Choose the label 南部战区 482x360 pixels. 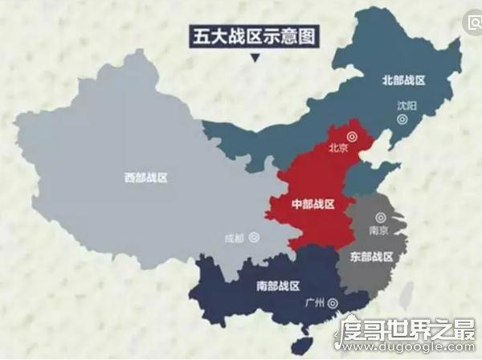(278, 285)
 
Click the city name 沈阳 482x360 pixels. (407, 105)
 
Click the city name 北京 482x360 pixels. (338, 149)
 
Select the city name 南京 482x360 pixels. (379, 230)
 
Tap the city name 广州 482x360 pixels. (315, 303)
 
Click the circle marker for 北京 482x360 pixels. (352, 136)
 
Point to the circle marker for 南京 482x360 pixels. (380, 217)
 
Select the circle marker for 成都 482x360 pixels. (254, 237)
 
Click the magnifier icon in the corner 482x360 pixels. (473, 23)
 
